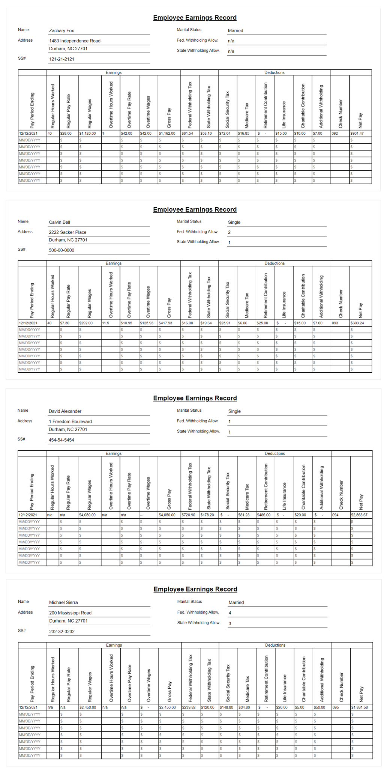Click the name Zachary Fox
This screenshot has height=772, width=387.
[x=61, y=31]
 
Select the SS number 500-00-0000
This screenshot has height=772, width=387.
[x=61, y=250]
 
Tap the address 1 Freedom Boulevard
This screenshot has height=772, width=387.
[x=70, y=421]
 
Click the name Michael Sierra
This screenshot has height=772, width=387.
[x=63, y=602]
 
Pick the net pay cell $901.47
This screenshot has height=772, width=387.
[x=357, y=133]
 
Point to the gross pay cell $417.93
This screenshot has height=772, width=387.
[x=166, y=323]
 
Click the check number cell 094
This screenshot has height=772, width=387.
[x=336, y=515]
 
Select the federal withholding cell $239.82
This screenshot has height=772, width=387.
[x=189, y=707]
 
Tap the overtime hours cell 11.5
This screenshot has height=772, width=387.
[x=106, y=323]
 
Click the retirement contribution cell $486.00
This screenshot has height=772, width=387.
[x=264, y=515]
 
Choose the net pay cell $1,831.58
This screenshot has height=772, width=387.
[x=360, y=707]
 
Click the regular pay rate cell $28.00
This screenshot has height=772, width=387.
[x=66, y=133]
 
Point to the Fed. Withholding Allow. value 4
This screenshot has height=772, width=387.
[x=230, y=613]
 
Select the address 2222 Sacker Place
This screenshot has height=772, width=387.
[x=67, y=232]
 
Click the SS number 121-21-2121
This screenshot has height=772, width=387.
[x=61, y=59]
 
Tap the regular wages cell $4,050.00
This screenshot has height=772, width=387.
[x=87, y=515]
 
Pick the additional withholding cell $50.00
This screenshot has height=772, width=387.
[x=319, y=707]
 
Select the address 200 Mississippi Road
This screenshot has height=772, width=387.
[x=70, y=613]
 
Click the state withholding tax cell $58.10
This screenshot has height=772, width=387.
[x=206, y=133]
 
